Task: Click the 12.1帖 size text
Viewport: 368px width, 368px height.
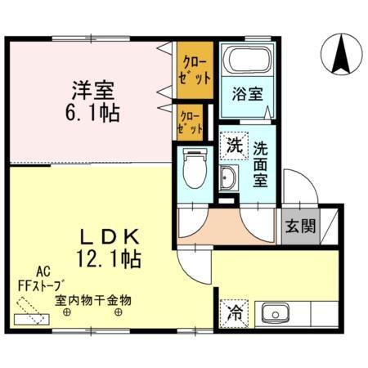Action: click(110, 260)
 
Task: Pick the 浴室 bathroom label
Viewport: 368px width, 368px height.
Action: click(248, 93)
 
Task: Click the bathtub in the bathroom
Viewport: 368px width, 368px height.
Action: click(247, 60)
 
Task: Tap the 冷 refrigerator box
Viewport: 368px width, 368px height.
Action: click(233, 311)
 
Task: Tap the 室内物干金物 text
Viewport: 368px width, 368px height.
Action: click(92, 300)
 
